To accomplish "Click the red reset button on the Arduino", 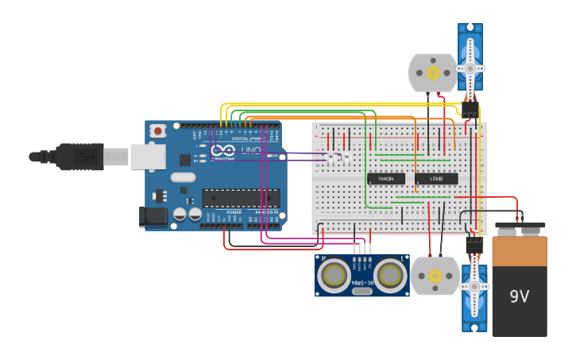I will click(x=158, y=130).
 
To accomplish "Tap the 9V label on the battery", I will click(x=519, y=296).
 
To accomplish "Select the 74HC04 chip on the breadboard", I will click(x=386, y=179).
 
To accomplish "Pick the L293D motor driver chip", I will click(x=436, y=179).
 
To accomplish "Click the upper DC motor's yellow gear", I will click(x=433, y=72).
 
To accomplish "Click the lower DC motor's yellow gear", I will click(x=435, y=276).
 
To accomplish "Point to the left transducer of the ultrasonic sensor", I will click(x=334, y=276).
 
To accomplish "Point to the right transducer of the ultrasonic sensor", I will click(x=390, y=276).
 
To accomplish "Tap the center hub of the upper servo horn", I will click(x=470, y=69).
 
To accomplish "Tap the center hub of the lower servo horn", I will click(x=474, y=287).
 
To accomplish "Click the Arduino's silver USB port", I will click(x=148, y=157).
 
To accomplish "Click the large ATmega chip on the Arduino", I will click(x=241, y=198).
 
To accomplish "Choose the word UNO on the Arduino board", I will click(x=250, y=150).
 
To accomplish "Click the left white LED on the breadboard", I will click(x=331, y=157).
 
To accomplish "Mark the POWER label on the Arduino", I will click(x=234, y=212).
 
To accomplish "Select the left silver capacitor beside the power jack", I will click(x=180, y=214).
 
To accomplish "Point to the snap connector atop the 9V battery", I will click(x=520, y=226).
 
